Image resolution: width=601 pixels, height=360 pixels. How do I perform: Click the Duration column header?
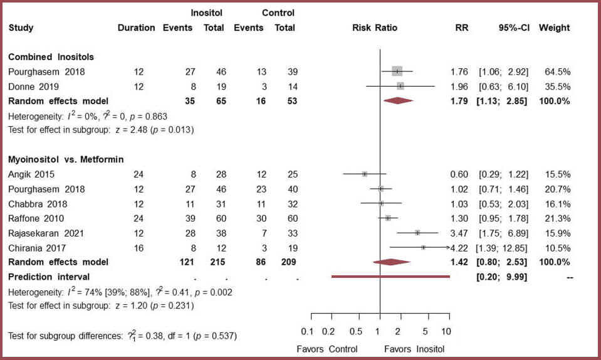click(x=136, y=28)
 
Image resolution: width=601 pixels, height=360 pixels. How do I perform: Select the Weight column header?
click(x=554, y=28)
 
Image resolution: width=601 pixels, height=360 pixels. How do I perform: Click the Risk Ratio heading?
click(x=375, y=28)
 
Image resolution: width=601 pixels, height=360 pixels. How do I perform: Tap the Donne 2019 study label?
click(x=31, y=86)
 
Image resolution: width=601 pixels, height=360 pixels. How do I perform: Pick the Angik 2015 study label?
click(x=31, y=174)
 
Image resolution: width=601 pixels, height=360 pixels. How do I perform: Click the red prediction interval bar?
click(x=390, y=277)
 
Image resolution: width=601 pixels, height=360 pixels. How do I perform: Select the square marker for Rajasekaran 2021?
click(x=417, y=233)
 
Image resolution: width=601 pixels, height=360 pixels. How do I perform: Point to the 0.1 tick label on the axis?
click(x=307, y=331)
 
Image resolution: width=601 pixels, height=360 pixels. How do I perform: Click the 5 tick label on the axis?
click(x=426, y=331)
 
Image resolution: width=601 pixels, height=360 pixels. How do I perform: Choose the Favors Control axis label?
click(x=327, y=349)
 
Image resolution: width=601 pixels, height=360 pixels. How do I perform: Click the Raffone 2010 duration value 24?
click(x=138, y=218)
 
